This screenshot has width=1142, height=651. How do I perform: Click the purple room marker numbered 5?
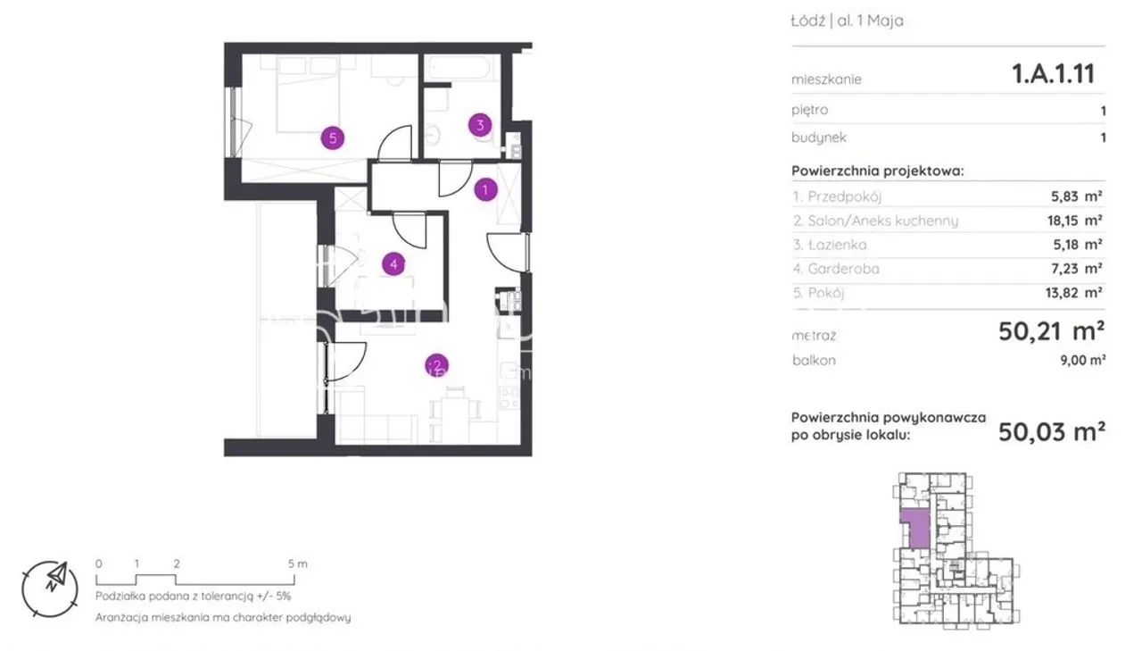333,138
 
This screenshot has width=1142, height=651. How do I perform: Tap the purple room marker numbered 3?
480,125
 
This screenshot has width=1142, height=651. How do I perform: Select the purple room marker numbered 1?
485,190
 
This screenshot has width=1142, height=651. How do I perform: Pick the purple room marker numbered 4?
393,263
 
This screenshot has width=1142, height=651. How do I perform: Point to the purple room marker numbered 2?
436,365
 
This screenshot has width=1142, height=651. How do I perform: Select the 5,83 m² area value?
1076,196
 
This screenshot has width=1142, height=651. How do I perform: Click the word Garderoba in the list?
843,269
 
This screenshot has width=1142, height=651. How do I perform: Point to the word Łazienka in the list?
837,245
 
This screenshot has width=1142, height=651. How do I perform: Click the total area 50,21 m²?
1051,331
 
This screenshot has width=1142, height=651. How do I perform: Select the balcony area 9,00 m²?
1083,360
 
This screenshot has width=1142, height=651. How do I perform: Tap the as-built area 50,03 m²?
1052,432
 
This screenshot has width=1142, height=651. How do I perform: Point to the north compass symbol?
50,589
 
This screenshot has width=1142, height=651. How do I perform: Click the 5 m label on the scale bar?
298,563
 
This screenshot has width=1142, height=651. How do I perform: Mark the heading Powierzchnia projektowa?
877,171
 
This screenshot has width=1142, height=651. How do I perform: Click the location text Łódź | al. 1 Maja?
847,21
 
